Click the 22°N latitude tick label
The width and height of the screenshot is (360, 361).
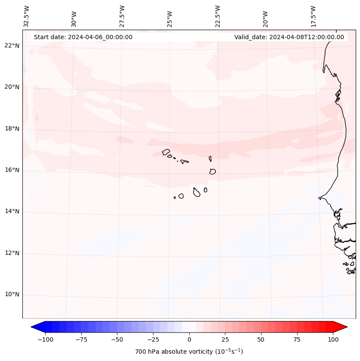(x=12, y=46)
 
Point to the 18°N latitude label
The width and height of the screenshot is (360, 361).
(x=12, y=129)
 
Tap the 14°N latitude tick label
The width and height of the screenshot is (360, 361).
(x=12, y=211)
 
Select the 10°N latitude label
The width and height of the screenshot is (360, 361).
(x=12, y=295)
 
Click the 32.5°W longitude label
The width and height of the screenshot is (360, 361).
(x=27, y=16)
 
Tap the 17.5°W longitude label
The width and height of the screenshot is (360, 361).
(x=313, y=16)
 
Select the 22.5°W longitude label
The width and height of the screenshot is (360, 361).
(x=218, y=16)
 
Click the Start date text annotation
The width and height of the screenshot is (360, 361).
(x=83, y=37)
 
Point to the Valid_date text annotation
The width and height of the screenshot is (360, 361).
(x=289, y=37)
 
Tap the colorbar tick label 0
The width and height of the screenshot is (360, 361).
(x=189, y=339)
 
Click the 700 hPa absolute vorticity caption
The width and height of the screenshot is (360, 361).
(x=189, y=352)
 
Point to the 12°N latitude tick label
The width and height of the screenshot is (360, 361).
(x=12, y=253)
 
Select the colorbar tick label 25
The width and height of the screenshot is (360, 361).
(x=225, y=339)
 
